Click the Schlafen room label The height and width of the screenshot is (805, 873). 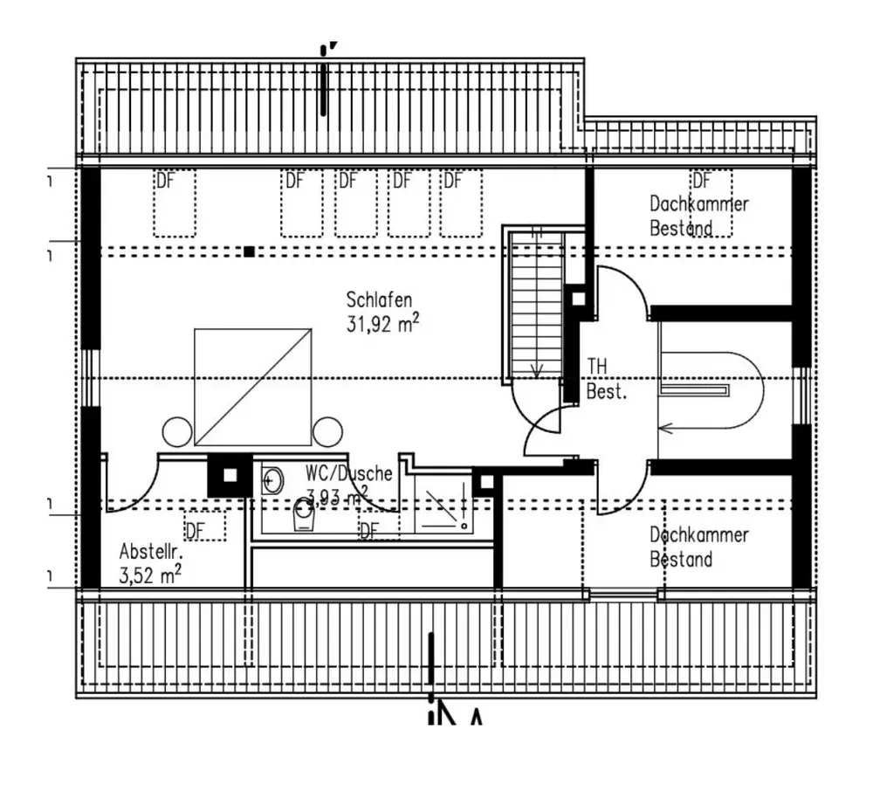pos(379,300)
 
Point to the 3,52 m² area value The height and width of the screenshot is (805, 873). pos(150,575)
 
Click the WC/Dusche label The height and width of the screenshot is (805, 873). pos(348,473)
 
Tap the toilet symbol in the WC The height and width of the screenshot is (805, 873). pos(303,515)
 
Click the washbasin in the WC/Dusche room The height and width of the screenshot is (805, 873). pos(272,478)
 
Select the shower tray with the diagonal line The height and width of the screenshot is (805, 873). pos(442,507)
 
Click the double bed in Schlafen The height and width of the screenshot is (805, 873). pos(252,387)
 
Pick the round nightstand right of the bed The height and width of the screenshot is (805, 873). pos(328,431)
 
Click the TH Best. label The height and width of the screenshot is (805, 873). pos(607,378)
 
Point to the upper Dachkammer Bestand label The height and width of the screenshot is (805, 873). pos(698,216)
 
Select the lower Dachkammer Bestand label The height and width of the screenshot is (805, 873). pos(698,547)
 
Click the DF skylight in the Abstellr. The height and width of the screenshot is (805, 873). pos(204,526)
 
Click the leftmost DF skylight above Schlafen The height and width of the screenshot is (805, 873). pos(174,203)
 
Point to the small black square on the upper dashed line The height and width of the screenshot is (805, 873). pos(249,251)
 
